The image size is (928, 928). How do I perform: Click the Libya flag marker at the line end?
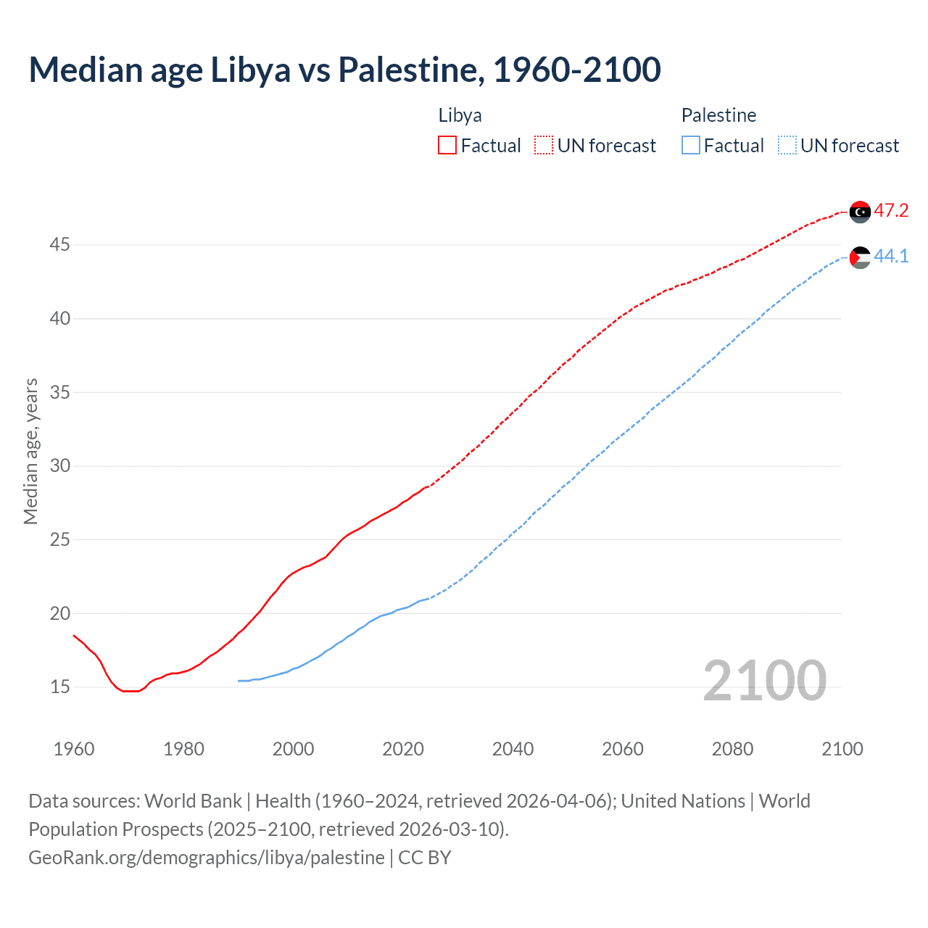pos(860,212)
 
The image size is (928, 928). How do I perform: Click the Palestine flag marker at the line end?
pos(860,257)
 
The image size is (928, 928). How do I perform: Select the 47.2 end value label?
pos(891,211)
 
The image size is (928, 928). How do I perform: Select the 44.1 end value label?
pos(891,257)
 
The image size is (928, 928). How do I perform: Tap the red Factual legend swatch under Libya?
pos(447,146)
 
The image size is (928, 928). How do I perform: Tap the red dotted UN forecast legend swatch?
pos(544,146)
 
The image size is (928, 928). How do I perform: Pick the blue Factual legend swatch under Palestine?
pos(691,146)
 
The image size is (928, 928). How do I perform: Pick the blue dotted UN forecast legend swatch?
pos(787,146)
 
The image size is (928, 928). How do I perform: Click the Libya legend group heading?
pos(460,115)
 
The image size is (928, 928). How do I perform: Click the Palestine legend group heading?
pos(718,115)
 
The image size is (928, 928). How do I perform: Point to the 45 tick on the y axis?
pos(59,245)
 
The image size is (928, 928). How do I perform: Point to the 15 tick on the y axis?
pos(59,687)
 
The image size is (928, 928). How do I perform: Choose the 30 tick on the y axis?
pos(59,466)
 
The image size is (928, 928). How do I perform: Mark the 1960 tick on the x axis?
pos(74,749)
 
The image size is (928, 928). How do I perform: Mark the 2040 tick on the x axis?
pos(513,749)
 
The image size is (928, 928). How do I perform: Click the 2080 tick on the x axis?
pos(732,749)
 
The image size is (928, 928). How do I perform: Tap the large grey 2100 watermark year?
pos(764,681)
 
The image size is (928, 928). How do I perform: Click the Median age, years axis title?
pos(30,451)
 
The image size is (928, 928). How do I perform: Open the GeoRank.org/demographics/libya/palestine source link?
pos(207,858)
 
